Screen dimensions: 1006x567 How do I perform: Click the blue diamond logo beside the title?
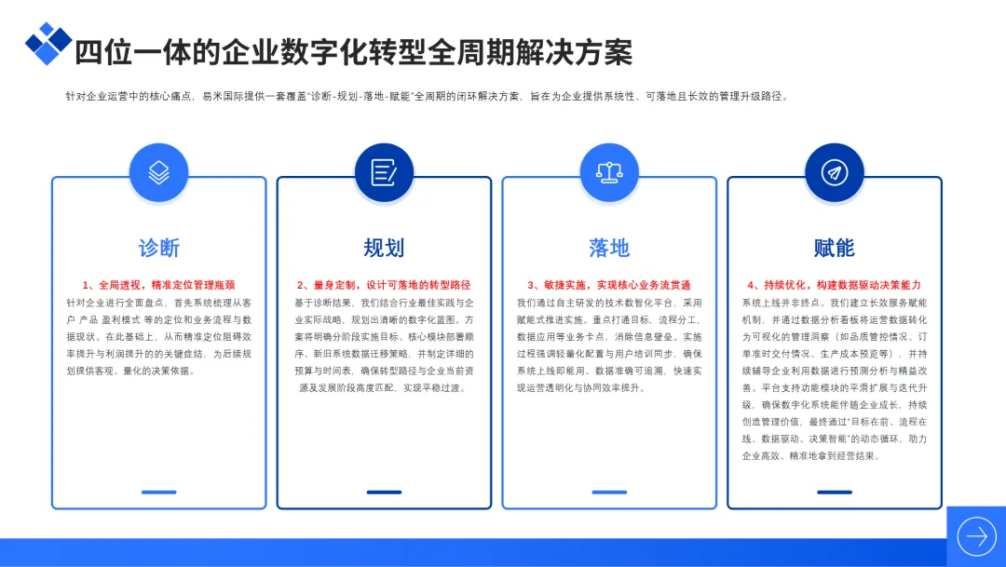click(48, 43)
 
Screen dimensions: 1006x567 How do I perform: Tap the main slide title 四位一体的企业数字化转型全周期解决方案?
click(353, 52)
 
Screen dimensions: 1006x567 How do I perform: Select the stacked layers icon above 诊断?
click(158, 172)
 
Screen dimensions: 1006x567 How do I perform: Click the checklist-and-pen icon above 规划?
click(384, 172)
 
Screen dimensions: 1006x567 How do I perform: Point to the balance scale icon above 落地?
click(609, 172)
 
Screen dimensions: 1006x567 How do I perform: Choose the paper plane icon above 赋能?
click(835, 172)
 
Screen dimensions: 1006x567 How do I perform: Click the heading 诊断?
click(158, 248)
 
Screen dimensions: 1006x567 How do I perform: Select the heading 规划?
click(384, 248)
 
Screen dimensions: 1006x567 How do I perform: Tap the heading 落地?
click(609, 248)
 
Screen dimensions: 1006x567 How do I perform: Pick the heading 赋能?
click(835, 248)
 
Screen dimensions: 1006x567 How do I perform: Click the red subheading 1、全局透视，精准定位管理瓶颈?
click(158, 285)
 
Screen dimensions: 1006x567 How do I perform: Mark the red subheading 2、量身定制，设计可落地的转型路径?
click(384, 285)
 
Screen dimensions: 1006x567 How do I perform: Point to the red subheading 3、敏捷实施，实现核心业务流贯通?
click(609, 285)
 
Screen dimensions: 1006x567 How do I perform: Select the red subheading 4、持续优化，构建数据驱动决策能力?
click(835, 285)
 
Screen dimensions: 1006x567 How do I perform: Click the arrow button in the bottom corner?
click(976, 536)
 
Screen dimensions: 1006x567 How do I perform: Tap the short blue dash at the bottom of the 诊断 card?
click(158, 492)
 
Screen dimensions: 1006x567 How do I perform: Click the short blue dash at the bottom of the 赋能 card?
click(835, 492)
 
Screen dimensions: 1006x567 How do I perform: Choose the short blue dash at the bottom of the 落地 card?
click(609, 492)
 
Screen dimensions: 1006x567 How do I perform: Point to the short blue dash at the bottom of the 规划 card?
click(384, 492)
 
